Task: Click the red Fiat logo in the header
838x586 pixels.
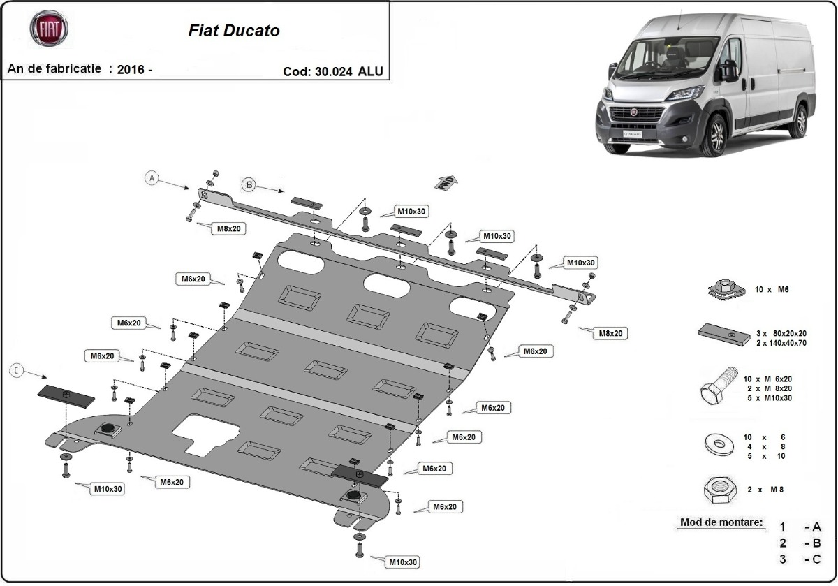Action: tap(48, 29)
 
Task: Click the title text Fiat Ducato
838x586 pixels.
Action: tap(234, 31)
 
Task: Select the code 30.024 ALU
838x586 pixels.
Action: tap(333, 71)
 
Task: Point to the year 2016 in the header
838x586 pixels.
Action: tap(131, 69)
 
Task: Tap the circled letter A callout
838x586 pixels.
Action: tap(152, 177)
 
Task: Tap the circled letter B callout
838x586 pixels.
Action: tap(249, 184)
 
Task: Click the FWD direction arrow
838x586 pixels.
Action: tap(446, 182)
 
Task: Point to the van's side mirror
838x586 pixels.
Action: tap(728, 71)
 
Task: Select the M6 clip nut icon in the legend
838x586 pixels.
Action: tap(723, 289)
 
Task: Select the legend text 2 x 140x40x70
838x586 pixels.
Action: tap(773, 343)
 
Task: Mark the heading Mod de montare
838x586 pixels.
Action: tap(720, 523)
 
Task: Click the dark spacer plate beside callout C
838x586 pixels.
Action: tap(66, 395)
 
